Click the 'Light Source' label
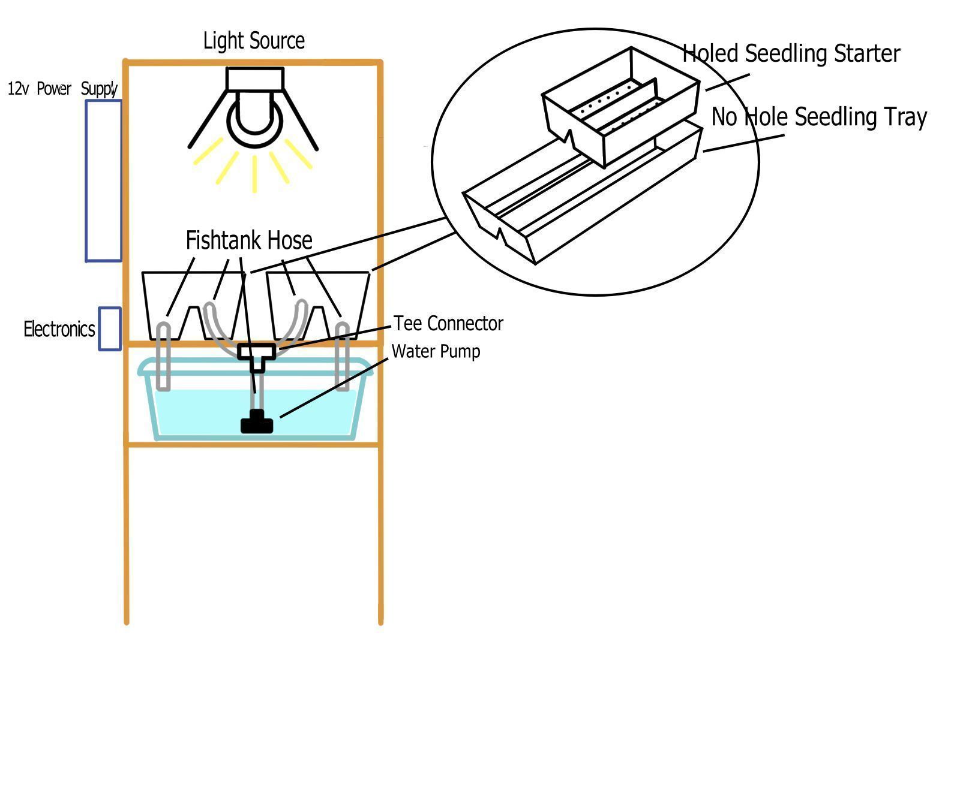point(254,41)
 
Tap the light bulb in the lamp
point(254,120)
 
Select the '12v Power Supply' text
point(62,89)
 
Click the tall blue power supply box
point(104,180)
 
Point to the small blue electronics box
point(110,328)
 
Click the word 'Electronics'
point(59,329)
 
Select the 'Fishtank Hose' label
point(249,240)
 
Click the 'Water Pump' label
point(436,351)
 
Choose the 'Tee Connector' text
point(448,324)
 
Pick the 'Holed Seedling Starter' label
point(791,53)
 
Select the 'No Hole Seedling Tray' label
point(819,117)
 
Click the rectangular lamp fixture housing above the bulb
point(254,79)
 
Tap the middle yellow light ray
point(255,174)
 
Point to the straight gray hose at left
point(163,357)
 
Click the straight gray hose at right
point(342,357)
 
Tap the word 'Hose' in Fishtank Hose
point(290,240)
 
